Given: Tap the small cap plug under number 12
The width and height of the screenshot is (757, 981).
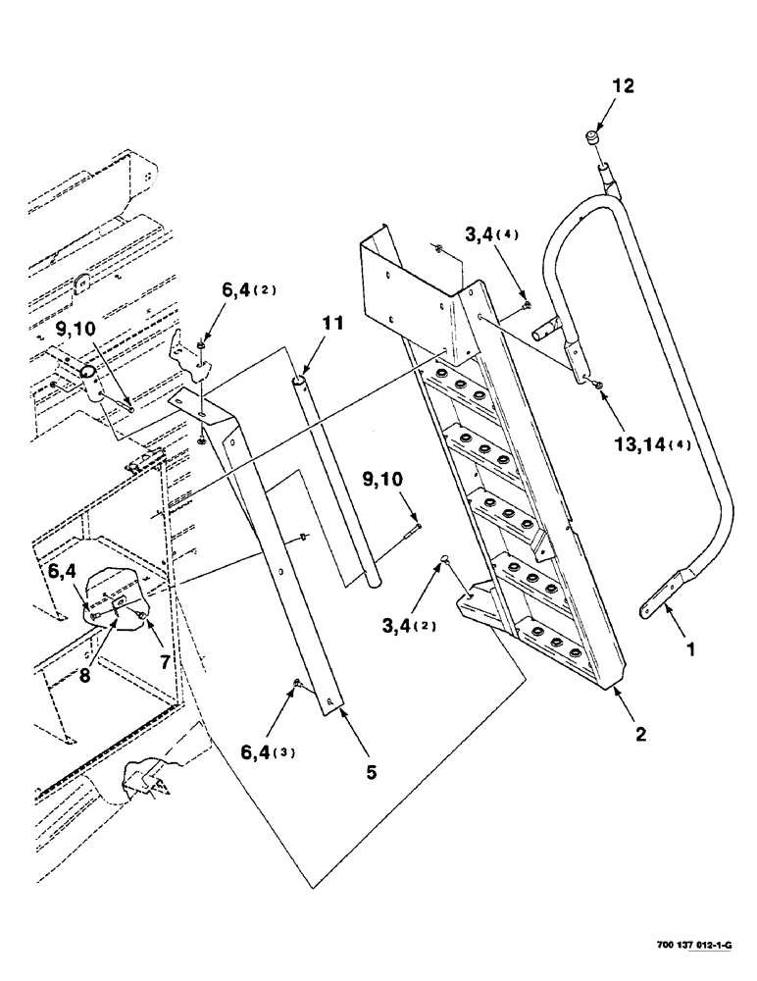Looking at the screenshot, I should [x=593, y=136].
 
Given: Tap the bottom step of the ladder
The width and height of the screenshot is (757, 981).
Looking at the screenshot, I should [x=554, y=638].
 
